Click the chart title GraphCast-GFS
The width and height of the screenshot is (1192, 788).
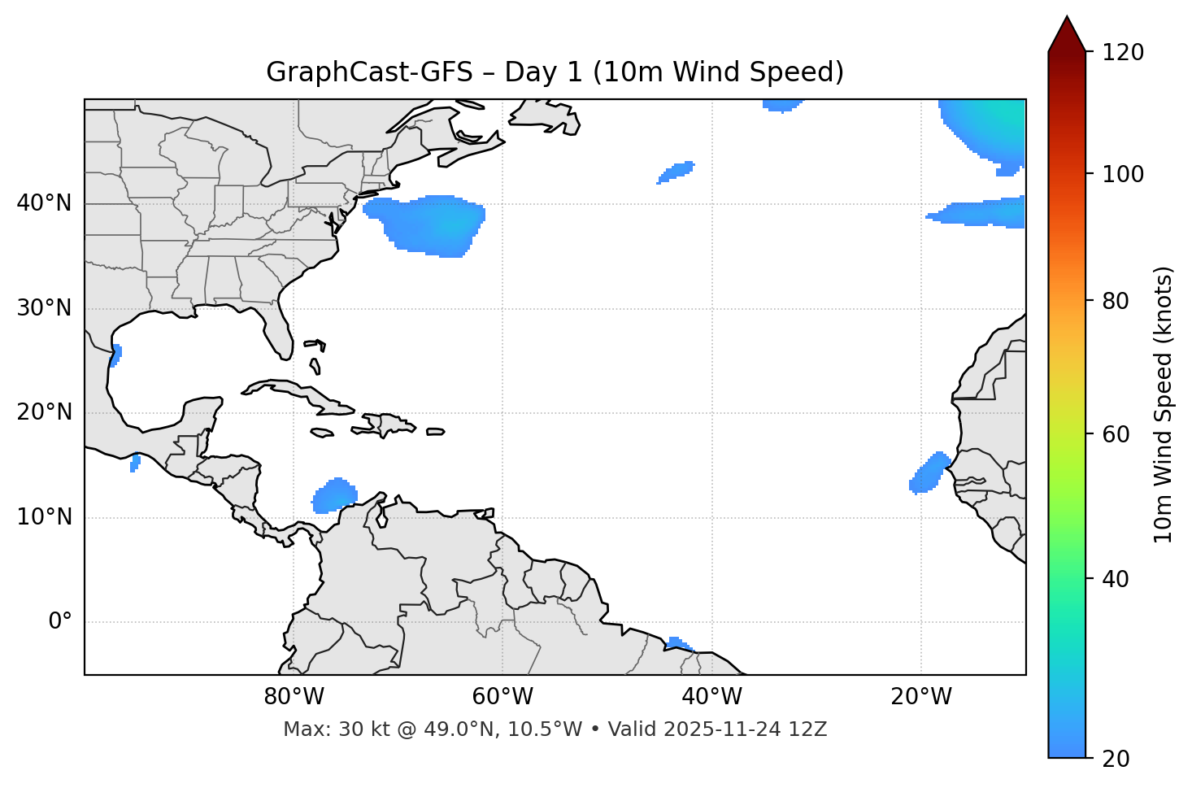[x=555, y=72]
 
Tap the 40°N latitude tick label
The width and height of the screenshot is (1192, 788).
[x=44, y=203]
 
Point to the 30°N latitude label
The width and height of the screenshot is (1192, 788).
[x=44, y=308]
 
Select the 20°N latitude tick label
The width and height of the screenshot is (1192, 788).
[x=44, y=412]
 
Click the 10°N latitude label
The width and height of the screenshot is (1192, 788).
[x=44, y=517]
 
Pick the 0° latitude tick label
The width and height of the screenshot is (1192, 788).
[x=60, y=622]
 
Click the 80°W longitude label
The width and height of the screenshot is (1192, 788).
[x=294, y=697]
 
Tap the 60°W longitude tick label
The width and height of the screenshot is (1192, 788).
[x=502, y=697]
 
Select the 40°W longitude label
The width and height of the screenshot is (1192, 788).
[x=711, y=697]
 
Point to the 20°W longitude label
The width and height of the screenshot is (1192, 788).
[x=920, y=697]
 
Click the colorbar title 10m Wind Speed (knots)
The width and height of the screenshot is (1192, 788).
[x=1164, y=404]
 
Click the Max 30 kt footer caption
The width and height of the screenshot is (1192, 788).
[x=555, y=729]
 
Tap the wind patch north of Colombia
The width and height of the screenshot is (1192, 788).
[x=334, y=495]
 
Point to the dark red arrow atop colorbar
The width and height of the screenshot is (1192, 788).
[x=1067, y=35]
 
